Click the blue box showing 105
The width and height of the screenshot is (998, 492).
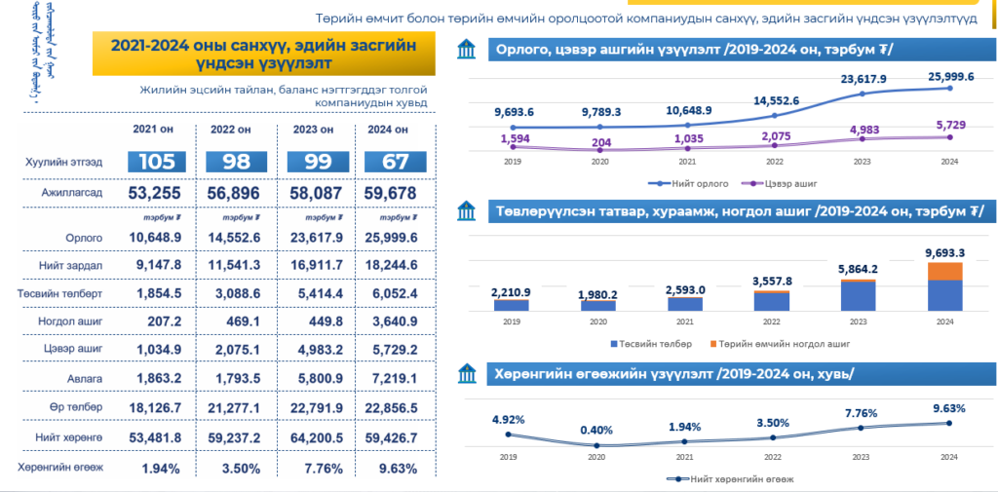(x=155, y=163)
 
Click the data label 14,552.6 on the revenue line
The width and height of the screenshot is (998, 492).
(x=776, y=100)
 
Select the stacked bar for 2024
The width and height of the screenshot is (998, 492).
(x=944, y=286)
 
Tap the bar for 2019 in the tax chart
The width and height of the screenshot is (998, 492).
(x=510, y=304)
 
